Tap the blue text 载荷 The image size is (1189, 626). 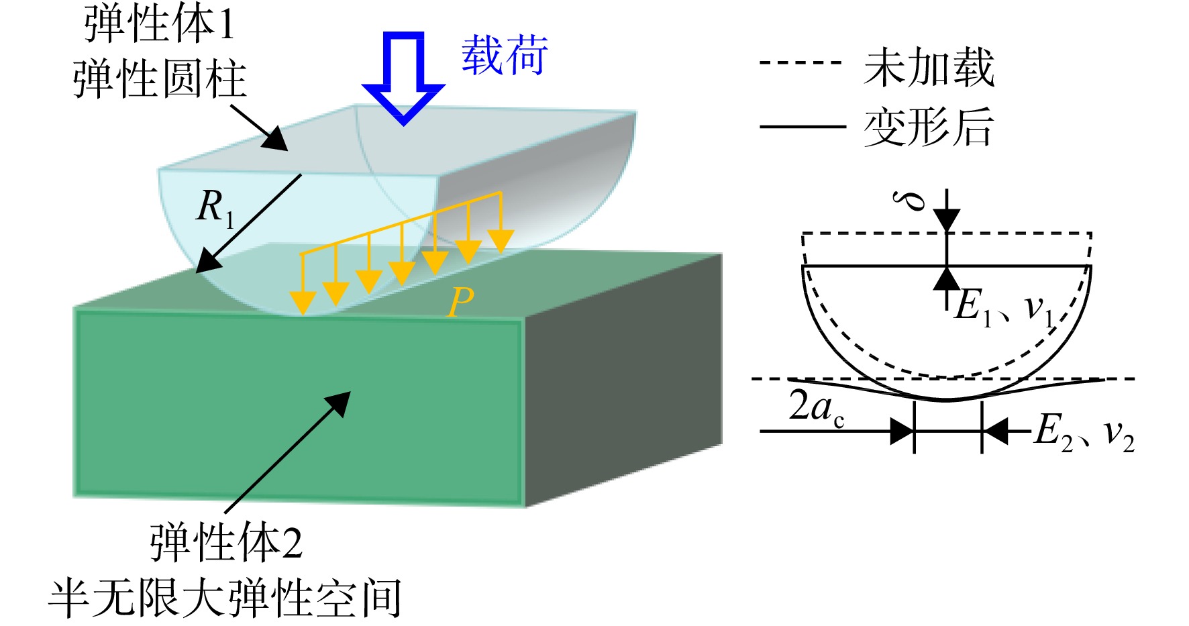pyautogui.click(x=505, y=55)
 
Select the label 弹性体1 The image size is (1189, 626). pyautogui.click(x=160, y=24)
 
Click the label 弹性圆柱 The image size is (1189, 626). pyautogui.click(x=160, y=79)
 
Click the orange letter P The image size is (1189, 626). pyautogui.click(x=460, y=302)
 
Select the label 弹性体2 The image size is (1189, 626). pyautogui.click(x=226, y=542)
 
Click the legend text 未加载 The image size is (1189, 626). pyautogui.click(x=929, y=67)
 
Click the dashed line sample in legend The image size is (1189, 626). pyautogui.click(x=800, y=63)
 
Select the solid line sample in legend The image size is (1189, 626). pyautogui.click(x=802, y=125)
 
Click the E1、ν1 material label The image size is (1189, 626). pyautogui.click(x=1006, y=308)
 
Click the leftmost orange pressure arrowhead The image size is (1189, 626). pyautogui.click(x=303, y=303)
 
